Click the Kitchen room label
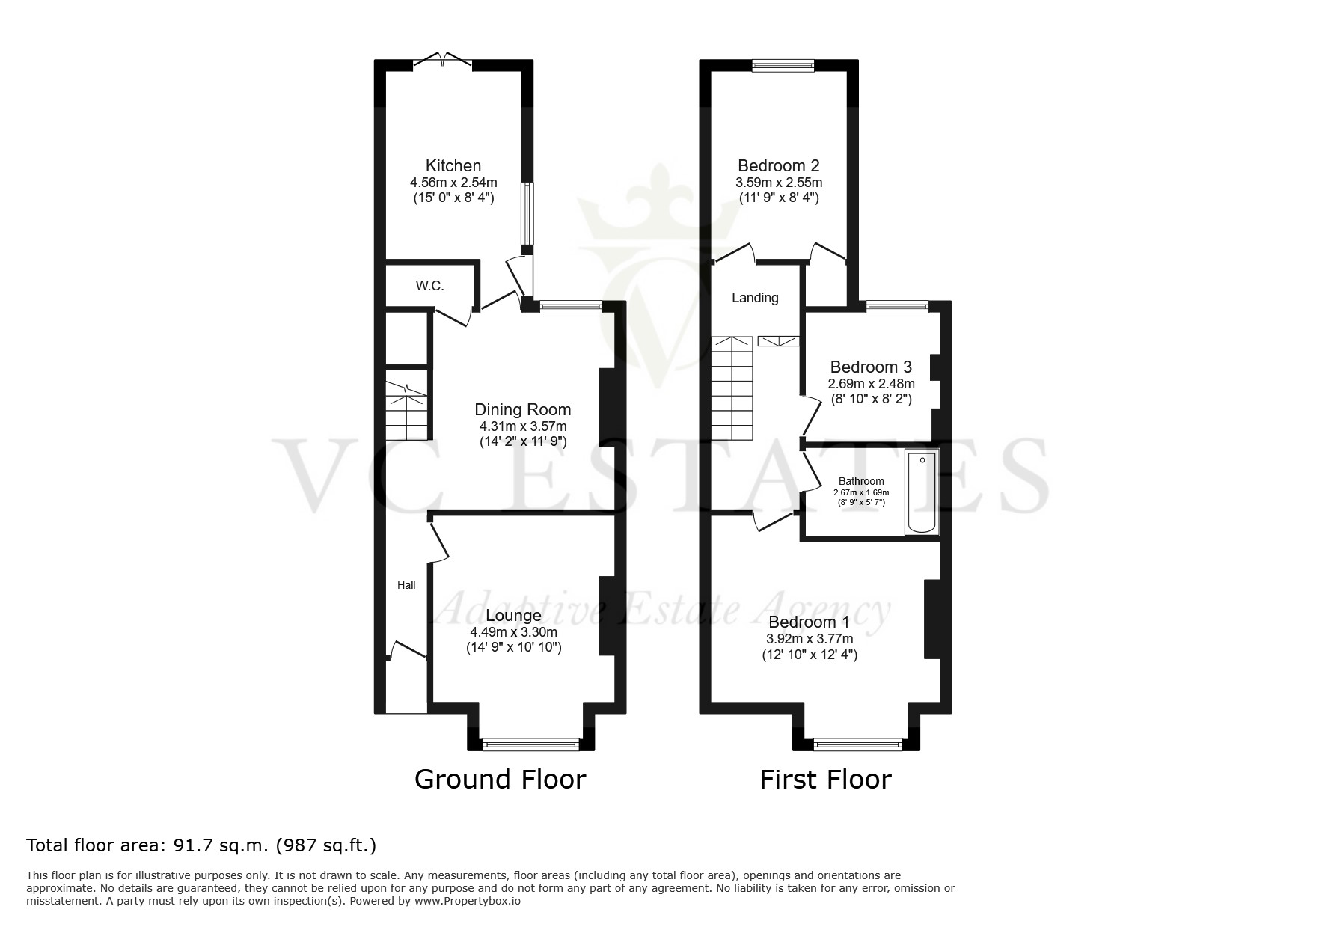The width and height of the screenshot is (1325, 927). click(x=453, y=165)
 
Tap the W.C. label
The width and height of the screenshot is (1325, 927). click(x=430, y=286)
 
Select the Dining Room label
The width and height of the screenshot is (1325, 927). click(x=523, y=409)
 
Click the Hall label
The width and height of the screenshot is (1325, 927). click(x=406, y=585)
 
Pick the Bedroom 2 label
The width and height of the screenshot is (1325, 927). click(x=779, y=165)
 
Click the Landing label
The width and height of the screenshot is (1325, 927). click(x=755, y=298)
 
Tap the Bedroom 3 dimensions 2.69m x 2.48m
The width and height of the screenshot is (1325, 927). click(x=871, y=384)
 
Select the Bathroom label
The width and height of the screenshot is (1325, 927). click(x=861, y=481)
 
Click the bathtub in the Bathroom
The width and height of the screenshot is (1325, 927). click(x=922, y=492)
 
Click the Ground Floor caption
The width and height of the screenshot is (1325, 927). click(x=500, y=780)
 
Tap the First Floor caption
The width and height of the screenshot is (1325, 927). click(x=825, y=780)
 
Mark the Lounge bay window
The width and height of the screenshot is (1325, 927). click(x=531, y=744)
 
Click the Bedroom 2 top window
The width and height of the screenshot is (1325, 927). click(x=783, y=66)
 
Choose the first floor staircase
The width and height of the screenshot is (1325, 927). click(x=731, y=389)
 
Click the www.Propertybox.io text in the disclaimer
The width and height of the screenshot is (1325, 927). click(x=468, y=902)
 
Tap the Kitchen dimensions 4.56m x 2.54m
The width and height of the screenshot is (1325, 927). click(x=453, y=183)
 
